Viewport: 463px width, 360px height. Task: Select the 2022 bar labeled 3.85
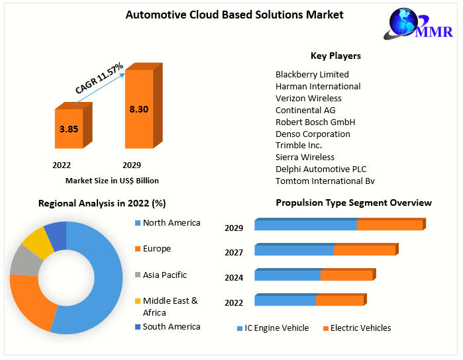[x=69, y=129]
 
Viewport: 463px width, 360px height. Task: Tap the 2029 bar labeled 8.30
[x=139, y=109]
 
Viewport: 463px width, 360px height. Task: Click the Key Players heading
[x=336, y=56]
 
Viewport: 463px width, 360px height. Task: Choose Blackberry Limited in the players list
[x=312, y=74]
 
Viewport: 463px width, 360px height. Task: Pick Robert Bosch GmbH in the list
[x=315, y=122]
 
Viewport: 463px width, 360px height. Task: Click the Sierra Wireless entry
[x=305, y=157]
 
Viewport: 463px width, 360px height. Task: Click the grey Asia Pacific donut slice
[x=25, y=260]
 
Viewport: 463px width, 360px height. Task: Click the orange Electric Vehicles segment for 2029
[x=389, y=225]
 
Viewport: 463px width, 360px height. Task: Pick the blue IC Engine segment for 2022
[x=285, y=300]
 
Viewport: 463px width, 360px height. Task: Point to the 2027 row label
[x=234, y=252]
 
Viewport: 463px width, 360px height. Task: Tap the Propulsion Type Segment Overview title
[x=354, y=202]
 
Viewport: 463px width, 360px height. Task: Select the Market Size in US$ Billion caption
[x=112, y=180]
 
